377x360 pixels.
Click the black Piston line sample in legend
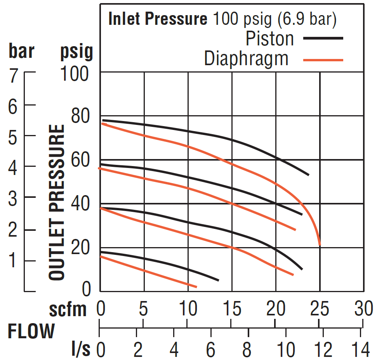click(323, 38)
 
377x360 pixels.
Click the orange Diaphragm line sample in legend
click(323, 60)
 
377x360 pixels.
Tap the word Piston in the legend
click(270, 39)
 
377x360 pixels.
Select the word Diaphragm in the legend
click(247, 59)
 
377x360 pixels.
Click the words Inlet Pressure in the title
click(158, 19)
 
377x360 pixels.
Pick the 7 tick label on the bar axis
click(14, 76)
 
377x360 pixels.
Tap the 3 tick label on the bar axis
click(13, 199)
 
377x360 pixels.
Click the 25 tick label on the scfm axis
click(320, 309)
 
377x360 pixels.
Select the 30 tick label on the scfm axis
click(364, 309)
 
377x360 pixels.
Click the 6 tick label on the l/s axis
click(210, 350)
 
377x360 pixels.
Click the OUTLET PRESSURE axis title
click(57, 202)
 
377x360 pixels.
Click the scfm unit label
click(68, 310)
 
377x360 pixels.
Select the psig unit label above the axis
click(77, 52)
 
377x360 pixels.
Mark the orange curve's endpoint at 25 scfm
click(320, 245)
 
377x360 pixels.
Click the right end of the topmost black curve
click(308, 175)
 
